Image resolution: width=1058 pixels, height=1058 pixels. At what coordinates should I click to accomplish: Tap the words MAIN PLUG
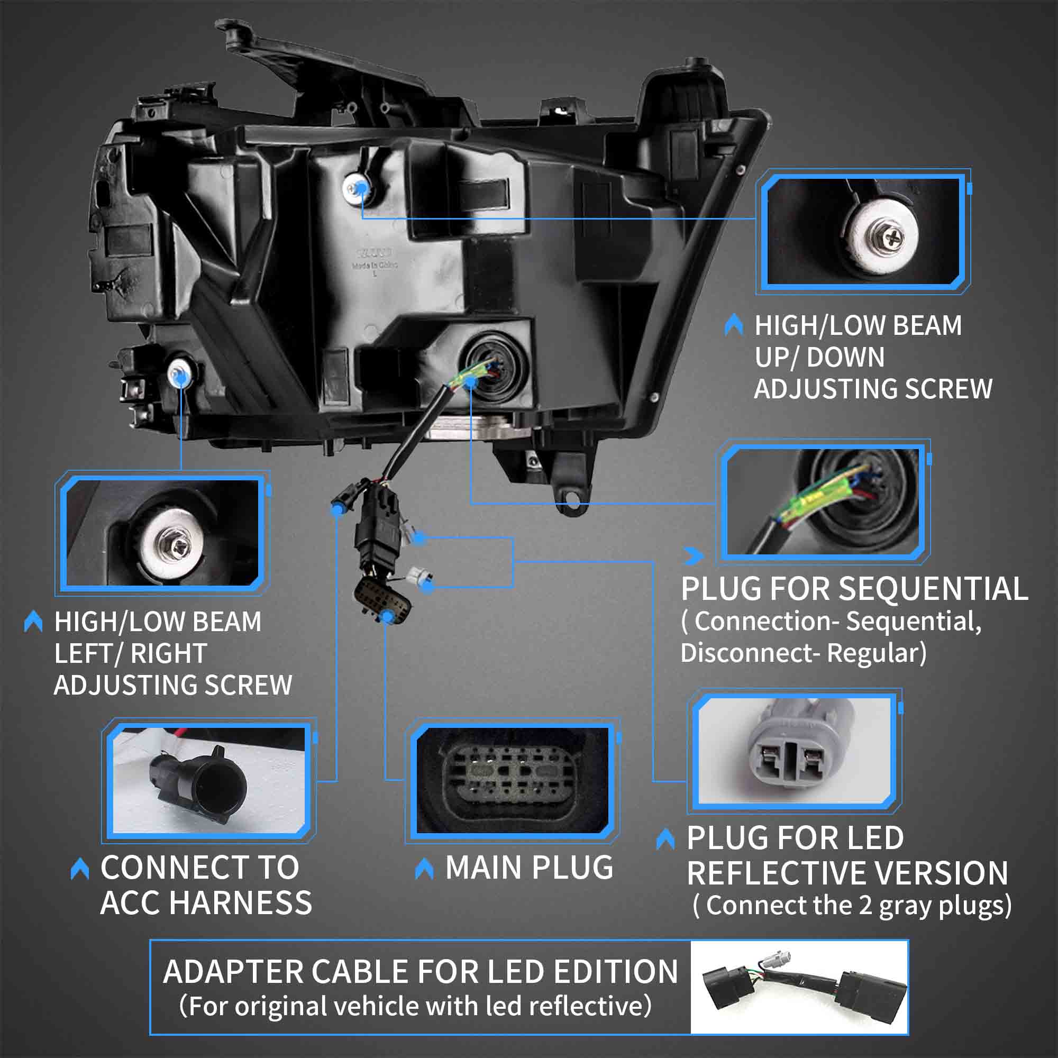click(529, 868)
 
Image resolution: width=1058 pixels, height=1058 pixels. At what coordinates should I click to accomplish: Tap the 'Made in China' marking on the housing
click(375, 265)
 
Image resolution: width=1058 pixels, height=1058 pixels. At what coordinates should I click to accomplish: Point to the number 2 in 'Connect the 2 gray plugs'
click(865, 906)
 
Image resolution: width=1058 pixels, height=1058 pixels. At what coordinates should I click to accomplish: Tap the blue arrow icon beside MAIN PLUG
click(424, 868)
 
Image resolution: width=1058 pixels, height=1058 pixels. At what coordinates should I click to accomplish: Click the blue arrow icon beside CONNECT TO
click(80, 869)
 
